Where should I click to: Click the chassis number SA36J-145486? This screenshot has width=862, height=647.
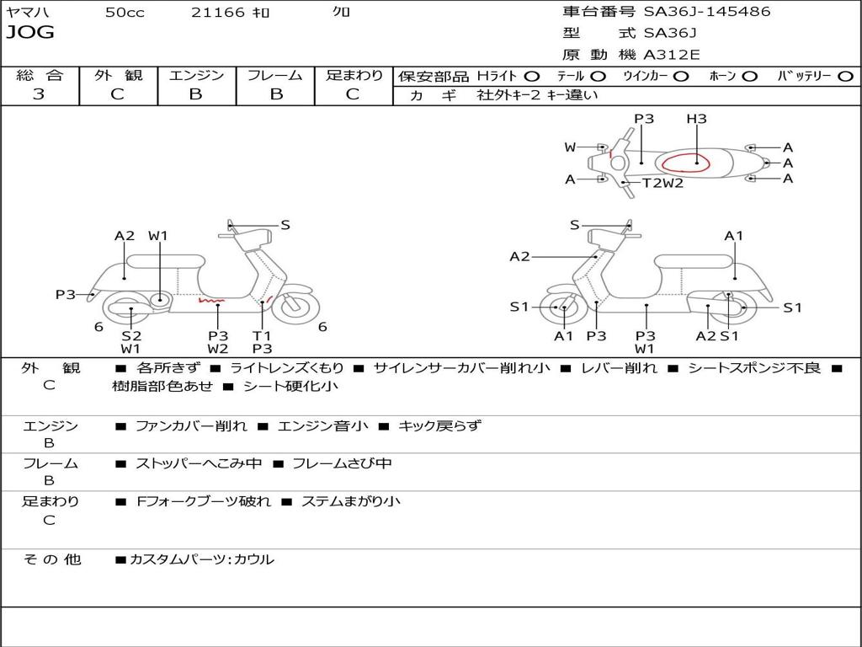point(707,12)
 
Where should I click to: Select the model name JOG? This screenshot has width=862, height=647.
point(29,33)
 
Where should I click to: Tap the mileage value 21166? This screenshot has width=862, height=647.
point(218,13)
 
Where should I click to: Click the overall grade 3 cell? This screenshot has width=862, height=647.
point(39,94)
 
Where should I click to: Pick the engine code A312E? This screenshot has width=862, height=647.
point(672,56)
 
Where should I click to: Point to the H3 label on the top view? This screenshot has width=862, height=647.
point(696,119)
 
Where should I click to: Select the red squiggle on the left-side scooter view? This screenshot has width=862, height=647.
point(210,299)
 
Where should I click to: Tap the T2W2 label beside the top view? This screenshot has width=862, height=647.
point(663,183)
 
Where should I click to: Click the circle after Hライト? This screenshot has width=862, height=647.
point(531,77)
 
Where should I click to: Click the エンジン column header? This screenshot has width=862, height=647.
point(196,75)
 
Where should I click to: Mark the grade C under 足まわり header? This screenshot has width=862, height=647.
point(353,94)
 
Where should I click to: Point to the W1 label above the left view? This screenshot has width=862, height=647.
point(158,236)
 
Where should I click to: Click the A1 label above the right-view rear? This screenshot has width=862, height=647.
point(734,236)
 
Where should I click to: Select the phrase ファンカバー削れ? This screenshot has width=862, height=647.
point(191,426)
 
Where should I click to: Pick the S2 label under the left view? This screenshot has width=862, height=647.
point(130,335)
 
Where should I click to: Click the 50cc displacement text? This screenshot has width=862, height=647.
point(125,13)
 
